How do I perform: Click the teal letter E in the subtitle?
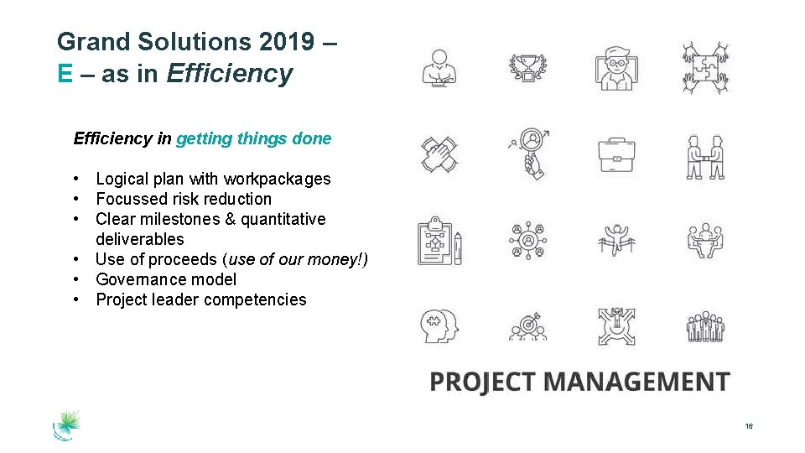(x=65, y=74)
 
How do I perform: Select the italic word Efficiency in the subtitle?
(x=230, y=74)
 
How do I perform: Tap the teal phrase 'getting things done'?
(x=253, y=138)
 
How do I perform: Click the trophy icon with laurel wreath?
(x=528, y=68)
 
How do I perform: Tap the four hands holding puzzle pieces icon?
(x=705, y=67)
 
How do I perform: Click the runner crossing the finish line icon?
(x=616, y=241)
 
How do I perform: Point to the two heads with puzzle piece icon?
(x=439, y=326)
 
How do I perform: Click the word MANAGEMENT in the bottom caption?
(x=636, y=382)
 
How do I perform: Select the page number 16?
(x=748, y=427)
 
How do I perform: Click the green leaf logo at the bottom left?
(x=66, y=424)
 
